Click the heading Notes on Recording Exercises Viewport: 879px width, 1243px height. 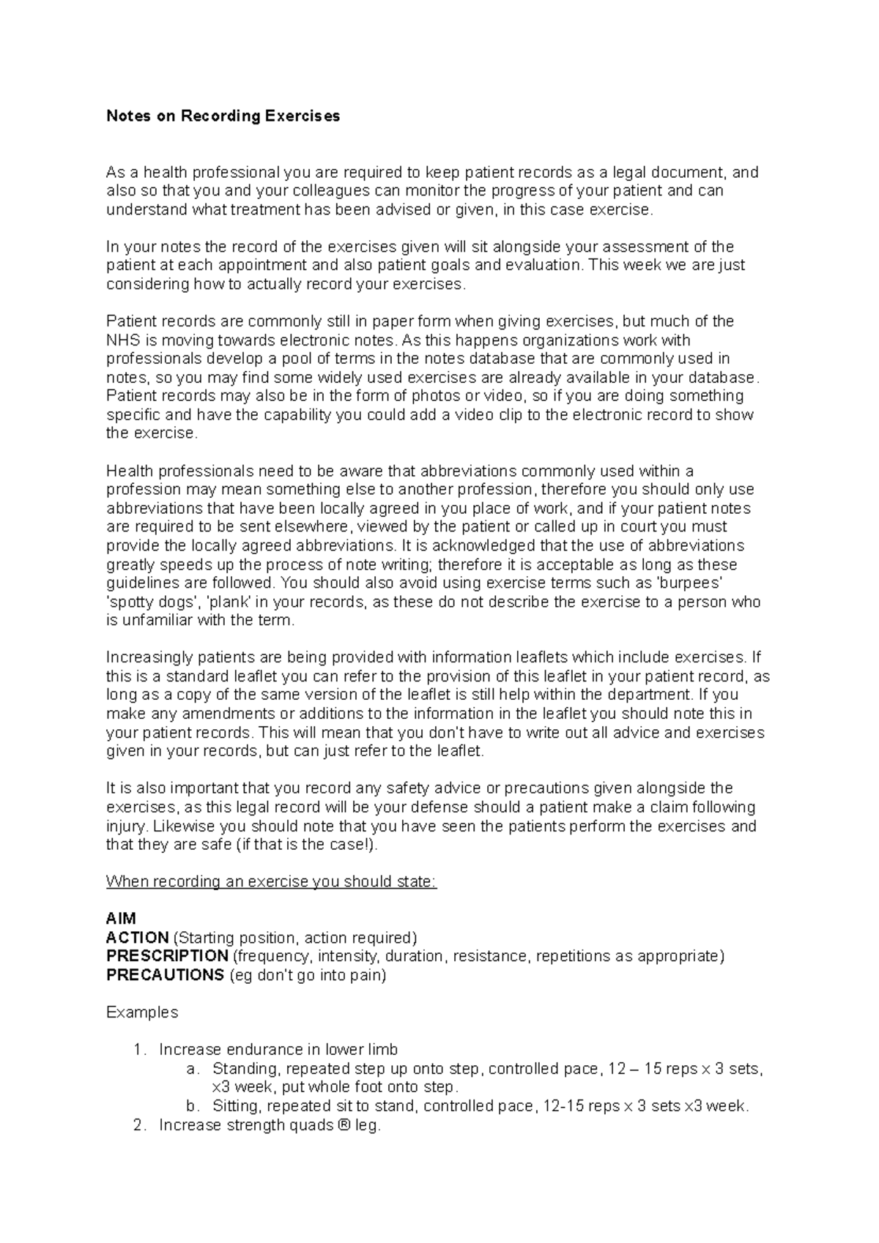tap(223, 116)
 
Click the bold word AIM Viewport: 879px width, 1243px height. tap(121, 919)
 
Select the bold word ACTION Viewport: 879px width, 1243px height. tap(138, 938)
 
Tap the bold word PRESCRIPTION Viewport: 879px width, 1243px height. tap(167, 956)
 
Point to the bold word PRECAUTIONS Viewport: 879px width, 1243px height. tap(165, 975)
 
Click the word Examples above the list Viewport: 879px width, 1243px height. tap(142, 1012)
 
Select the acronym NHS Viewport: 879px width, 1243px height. tap(122, 340)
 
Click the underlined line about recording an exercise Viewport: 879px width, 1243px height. tap(271, 881)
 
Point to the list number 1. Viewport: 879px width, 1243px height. tap(140, 1050)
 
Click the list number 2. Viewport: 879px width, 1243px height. tap(140, 1125)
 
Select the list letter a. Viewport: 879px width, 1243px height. tap(193, 1069)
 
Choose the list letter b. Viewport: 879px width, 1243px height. tap(193, 1106)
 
